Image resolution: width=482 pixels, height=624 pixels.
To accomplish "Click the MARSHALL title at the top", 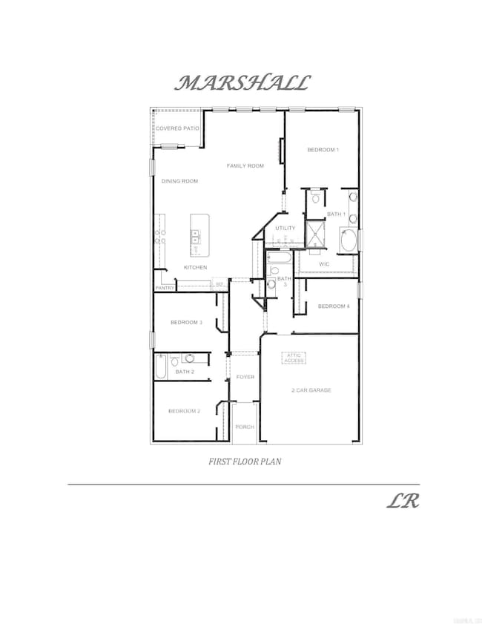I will click(242, 83).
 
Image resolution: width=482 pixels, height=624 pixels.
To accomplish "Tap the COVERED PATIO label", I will click(178, 128).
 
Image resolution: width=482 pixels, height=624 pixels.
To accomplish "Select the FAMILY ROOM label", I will click(245, 165).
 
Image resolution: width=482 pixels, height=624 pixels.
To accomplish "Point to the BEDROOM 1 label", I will click(323, 150).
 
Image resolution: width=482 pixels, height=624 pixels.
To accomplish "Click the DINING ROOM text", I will click(180, 181).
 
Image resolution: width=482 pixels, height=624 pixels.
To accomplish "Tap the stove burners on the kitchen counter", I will click(159, 237).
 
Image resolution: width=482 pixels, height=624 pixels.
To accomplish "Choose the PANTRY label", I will click(165, 288).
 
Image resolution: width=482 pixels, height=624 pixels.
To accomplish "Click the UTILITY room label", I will click(285, 228).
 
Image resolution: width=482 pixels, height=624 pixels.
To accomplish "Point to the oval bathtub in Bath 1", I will click(349, 240).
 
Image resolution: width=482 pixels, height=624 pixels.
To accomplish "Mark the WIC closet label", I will click(324, 263).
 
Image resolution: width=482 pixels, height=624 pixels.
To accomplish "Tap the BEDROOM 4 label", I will click(334, 306).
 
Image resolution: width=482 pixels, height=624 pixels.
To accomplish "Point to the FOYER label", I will click(245, 377).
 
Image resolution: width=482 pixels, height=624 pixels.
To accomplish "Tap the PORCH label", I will click(245, 427).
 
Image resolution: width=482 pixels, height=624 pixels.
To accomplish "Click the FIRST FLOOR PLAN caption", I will click(245, 461).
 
